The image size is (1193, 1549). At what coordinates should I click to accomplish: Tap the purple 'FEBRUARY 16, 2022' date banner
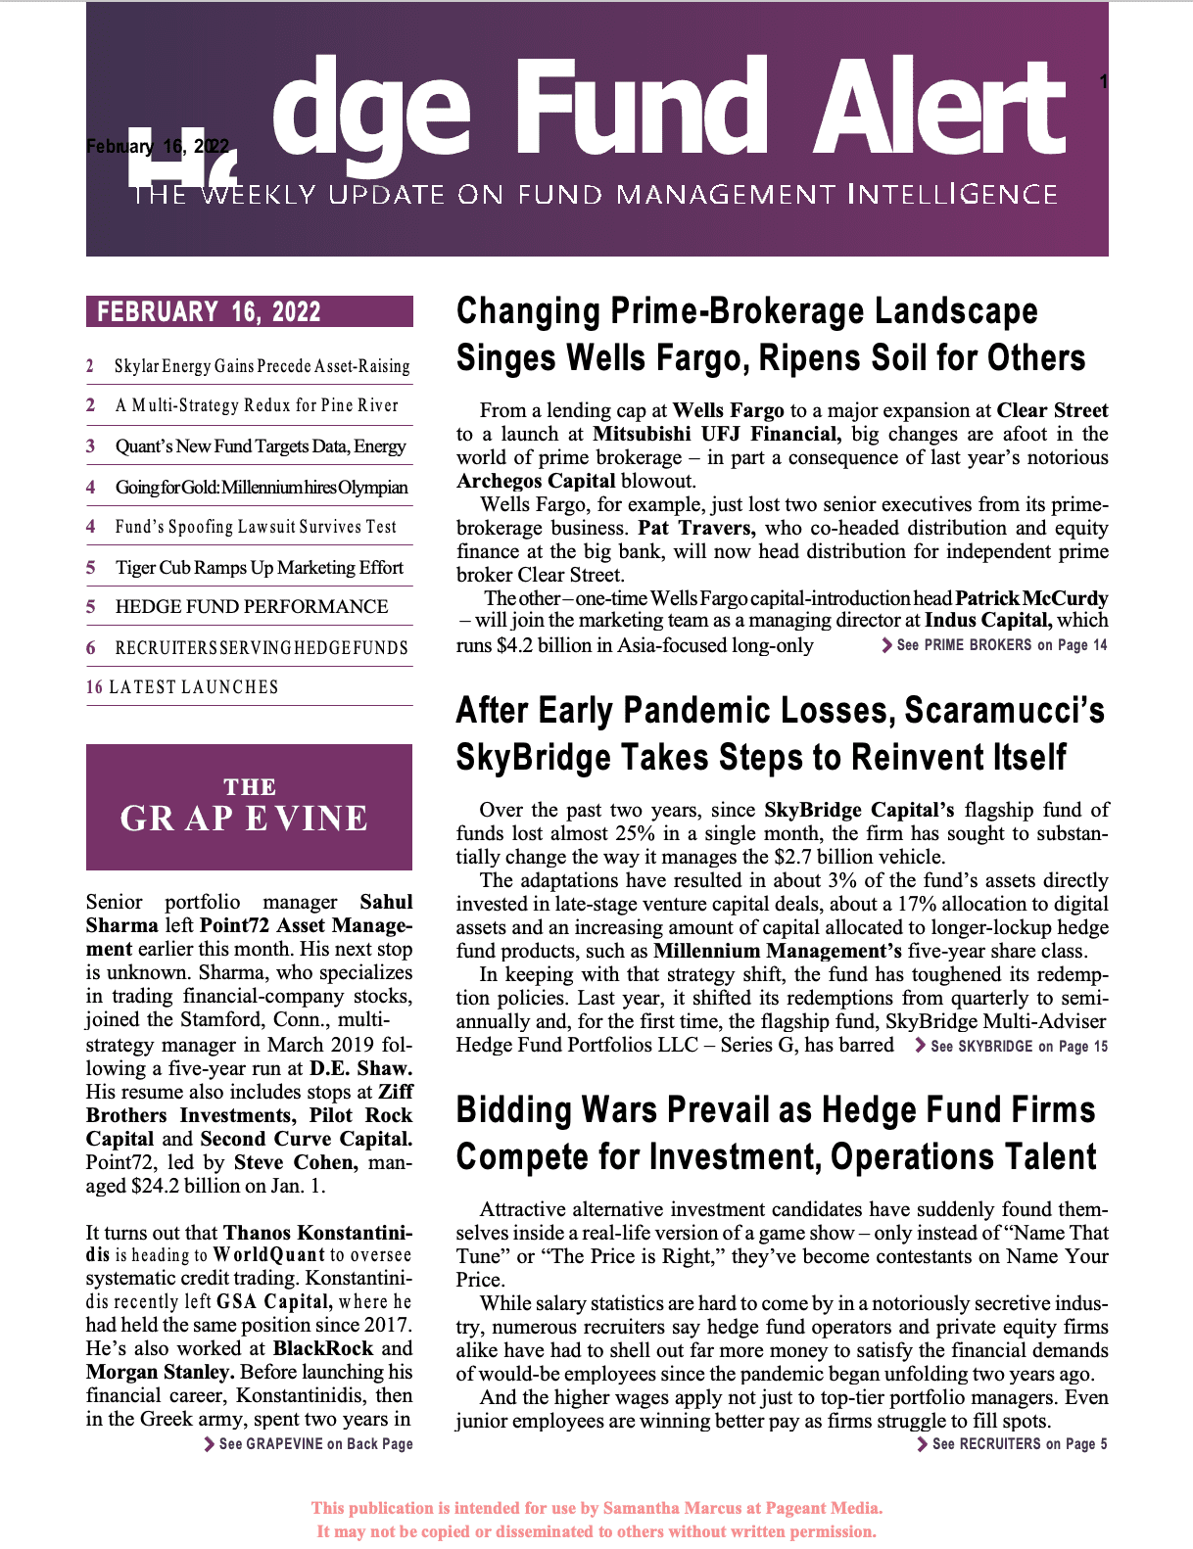(x=249, y=311)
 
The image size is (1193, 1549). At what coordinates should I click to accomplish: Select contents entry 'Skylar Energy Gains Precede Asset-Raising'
(x=262, y=366)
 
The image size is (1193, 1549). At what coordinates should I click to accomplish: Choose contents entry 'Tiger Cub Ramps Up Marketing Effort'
(x=259, y=568)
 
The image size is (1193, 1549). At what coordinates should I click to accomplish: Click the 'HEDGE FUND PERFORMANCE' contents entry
(x=252, y=607)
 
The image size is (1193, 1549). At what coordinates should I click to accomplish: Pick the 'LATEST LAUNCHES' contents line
(x=194, y=687)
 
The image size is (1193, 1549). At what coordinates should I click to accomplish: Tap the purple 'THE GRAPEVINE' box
(x=249, y=807)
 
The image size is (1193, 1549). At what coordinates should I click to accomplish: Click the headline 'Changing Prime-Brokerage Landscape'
(x=746, y=311)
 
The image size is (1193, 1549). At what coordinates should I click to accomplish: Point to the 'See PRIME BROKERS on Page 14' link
(x=995, y=645)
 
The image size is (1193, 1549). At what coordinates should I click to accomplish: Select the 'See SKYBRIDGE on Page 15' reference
(x=1012, y=1047)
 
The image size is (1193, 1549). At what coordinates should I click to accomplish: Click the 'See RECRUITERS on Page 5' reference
(x=1013, y=1444)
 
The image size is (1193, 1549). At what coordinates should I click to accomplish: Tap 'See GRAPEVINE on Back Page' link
(x=309, y=1444)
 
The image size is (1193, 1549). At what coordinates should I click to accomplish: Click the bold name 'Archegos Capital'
(x=536, y=481)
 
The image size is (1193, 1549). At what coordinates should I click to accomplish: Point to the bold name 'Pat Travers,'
(x=696, y=528)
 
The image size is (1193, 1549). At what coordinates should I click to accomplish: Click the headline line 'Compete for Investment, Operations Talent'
(x=776, y=1157)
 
